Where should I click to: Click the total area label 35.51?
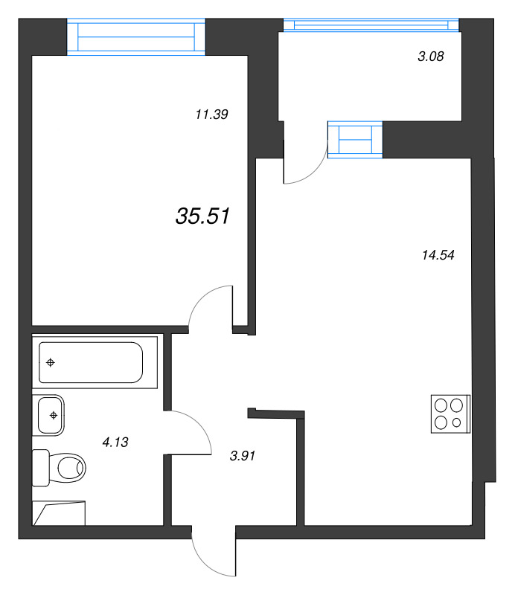click(x=202, y=216)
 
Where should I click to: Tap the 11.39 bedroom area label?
click(x=211, y=115)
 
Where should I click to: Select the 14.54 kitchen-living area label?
click(x=438, y=255)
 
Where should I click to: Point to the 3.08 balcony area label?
click(x=431, y=57)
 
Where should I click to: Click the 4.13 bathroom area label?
click(x=115, y=442)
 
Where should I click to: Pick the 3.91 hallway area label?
click(x=243, y=456)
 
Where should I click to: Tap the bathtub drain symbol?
click(x=51, y=363)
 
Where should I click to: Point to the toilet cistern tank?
click(x=41, y=468)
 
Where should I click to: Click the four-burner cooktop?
click(x=450, y=414)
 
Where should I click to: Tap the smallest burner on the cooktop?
click(x=457, y=422)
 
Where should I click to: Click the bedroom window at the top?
click(x=136, y=36)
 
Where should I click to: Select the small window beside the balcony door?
click(x=355, y=140)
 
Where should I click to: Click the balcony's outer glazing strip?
click(x=371, y=25)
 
